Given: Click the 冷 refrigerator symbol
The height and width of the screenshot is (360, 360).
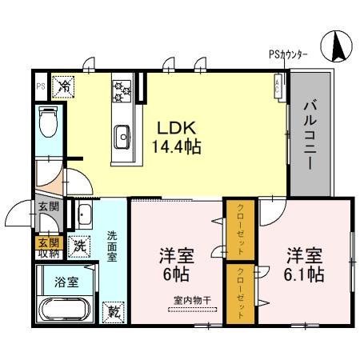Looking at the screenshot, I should pyautogui.click(x=63, y=83).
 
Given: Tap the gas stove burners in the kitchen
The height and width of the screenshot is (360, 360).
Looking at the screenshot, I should pyautogui.click(x=122, y=90).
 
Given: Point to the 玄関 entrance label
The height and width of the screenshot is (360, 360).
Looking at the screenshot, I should pyautogui.click(x=47, y=207).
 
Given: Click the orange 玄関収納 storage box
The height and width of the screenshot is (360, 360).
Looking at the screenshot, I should pyautogui.click(x=47, y=248).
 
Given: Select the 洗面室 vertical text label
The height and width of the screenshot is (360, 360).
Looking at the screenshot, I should pyautogui.click(x=112, y=246).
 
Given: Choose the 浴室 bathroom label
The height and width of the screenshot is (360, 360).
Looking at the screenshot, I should pyautogui.click(x=65, y=282).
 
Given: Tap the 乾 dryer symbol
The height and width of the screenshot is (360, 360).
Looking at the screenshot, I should pyautogui.click(x=112, y=311).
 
